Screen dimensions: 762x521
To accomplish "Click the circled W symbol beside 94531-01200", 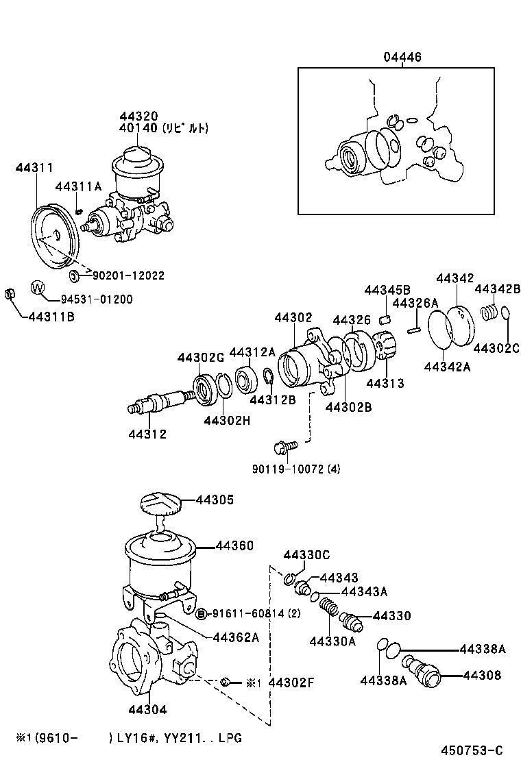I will [x=38, y=287].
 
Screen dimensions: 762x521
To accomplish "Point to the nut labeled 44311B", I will [x=10, y=295].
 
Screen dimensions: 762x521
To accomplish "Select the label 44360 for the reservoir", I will [x=234, y=546].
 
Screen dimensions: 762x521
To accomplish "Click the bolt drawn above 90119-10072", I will [x=284, y=446].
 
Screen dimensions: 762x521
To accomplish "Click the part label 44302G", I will [x=201, y=358].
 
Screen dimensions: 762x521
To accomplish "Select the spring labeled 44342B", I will [x=489, y=312].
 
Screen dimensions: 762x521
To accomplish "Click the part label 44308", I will [x=481, y=675].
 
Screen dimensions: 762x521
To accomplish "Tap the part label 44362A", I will [x=235, y=637].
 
